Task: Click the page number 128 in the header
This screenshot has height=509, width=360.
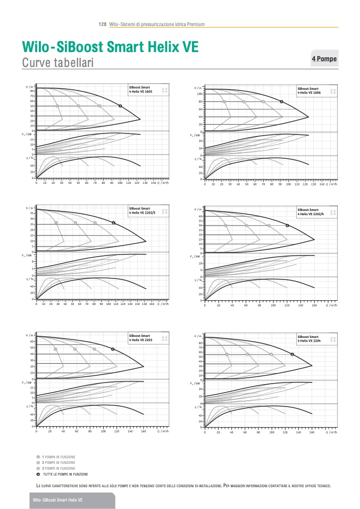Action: (103, 24)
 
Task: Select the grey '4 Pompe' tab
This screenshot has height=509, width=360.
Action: (324, 58)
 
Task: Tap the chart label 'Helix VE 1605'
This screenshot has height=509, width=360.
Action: (142, 92)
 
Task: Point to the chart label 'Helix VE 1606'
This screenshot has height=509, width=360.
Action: (310, 92)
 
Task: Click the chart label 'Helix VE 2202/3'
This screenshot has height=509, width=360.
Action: (143, 213)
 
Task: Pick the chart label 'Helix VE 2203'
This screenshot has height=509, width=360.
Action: (142, 340)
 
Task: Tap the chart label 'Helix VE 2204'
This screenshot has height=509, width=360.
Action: (310, 341)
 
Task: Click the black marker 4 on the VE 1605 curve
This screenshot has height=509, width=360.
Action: (120, 106)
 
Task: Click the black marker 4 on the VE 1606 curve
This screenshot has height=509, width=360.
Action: (282, 101)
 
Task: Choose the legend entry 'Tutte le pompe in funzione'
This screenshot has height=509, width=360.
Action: (65, 474)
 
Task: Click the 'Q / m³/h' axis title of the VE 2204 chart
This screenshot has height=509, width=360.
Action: (331, 432)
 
